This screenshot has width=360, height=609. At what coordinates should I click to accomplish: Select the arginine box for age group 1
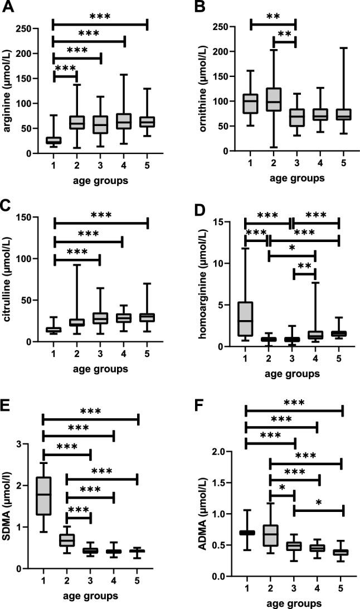point(53,140)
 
